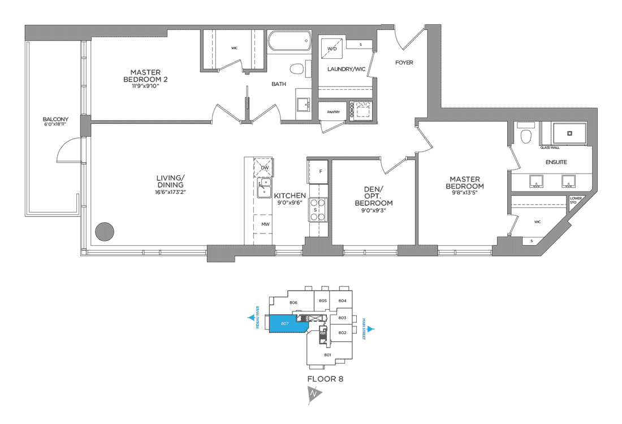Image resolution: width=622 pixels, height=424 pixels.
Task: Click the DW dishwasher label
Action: click(x=264, y=167)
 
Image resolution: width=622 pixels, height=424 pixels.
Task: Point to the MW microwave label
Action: click(x=265, y=224)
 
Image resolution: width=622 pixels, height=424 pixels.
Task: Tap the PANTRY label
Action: click(x=333, y=112)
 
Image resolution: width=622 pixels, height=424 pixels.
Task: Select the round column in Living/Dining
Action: click(x=104, y=231)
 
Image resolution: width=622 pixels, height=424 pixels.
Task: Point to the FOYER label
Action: click(x=404, y=63)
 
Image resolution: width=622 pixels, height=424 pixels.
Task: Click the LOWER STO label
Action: click(x=576, y=200)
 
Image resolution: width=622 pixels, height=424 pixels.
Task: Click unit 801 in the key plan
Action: click(x=327, y=354)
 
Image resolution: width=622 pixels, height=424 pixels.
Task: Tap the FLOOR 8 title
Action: click(x=325, y=379)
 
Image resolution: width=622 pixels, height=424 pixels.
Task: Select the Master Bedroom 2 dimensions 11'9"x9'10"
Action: click(x=145, y=86)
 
